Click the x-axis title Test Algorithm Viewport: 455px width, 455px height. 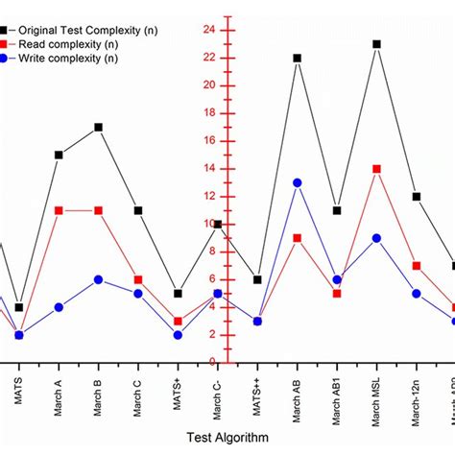click(x=228, y=437)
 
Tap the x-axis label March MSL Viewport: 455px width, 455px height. click(x=377, y=396)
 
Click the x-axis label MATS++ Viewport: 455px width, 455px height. click(x=258, y=391)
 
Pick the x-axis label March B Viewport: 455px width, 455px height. click(x=99, y=394)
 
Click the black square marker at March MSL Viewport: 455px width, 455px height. click(x=376, y=44)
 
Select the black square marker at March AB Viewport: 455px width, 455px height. click(x=298, y=58)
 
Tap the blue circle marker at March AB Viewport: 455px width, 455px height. click(x=298, y=182)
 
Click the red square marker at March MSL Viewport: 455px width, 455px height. click(x=376, y=169)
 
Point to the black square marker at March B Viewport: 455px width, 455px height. click(x=99, y=127)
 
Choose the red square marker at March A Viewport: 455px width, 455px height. click(x=59, y=210)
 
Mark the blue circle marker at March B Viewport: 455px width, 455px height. click(x=99, y=279)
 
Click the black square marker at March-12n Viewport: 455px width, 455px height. click(x=416, y=197)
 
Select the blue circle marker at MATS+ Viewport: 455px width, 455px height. click(x=178, y=335)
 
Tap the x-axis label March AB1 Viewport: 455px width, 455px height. click(x=337, y=396)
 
